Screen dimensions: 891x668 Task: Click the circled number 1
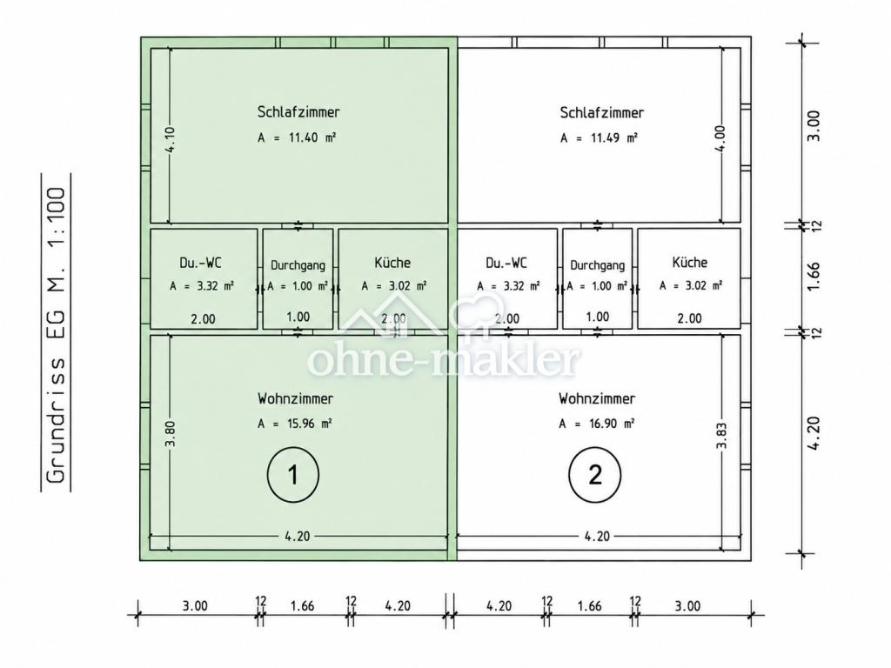click(293, 474)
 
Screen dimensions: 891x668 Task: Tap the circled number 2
click(595, 474)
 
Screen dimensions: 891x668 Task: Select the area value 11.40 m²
click(297, 137)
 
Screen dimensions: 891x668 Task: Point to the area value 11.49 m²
click(599, 138)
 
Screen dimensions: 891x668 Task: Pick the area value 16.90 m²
click(597, 424)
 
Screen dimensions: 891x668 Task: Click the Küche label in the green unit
click(392, 263)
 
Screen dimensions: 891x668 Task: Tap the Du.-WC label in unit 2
click(506, 263)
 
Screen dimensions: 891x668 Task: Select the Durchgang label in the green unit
click(298, 265)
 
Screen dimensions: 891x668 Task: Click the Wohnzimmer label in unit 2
click(597, 398)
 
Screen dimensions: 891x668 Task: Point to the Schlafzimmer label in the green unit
click(299, 111)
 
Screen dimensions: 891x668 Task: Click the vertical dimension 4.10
click(171, 139)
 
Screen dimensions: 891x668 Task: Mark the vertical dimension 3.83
click(721, 436)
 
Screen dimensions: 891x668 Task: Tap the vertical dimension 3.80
click(171, 434)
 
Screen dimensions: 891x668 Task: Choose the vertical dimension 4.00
click(720, 138)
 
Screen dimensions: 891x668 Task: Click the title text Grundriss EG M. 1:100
click(56, 334)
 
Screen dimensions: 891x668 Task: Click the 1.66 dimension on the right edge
click(814, 276)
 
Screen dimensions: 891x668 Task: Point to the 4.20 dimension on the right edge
click(814, 433)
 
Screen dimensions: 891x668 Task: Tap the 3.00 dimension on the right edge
click(814, 125)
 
